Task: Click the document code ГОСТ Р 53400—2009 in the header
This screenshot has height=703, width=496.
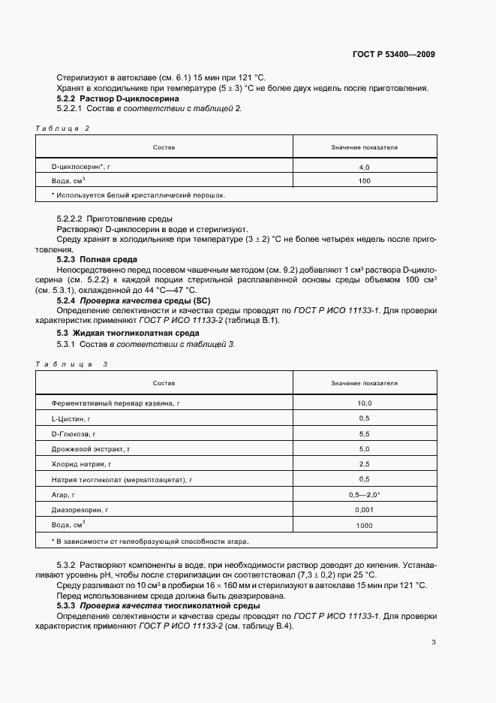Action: point(393,55)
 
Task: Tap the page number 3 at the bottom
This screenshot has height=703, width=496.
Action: point(434,641)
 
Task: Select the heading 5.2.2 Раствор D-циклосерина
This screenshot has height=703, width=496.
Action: point(119,98)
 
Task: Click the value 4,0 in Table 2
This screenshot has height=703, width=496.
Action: point(365,167)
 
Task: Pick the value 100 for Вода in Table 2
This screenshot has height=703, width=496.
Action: point(365,181)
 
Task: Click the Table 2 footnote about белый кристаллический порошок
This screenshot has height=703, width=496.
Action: point(138,195)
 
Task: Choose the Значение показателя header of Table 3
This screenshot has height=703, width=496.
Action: point(365,383)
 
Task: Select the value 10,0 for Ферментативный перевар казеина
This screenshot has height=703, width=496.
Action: point(365,403)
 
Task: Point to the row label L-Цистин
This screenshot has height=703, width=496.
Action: point(71,418)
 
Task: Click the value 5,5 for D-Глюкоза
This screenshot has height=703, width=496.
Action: point(365,434)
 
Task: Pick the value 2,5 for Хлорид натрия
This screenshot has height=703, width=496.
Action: point(365,463)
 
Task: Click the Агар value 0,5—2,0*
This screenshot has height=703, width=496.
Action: point(365,495)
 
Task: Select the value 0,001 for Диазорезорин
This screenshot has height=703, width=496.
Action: point(365,510)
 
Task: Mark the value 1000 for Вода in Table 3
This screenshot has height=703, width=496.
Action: point(365,526)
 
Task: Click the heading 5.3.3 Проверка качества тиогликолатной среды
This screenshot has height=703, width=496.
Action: point(158,605)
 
